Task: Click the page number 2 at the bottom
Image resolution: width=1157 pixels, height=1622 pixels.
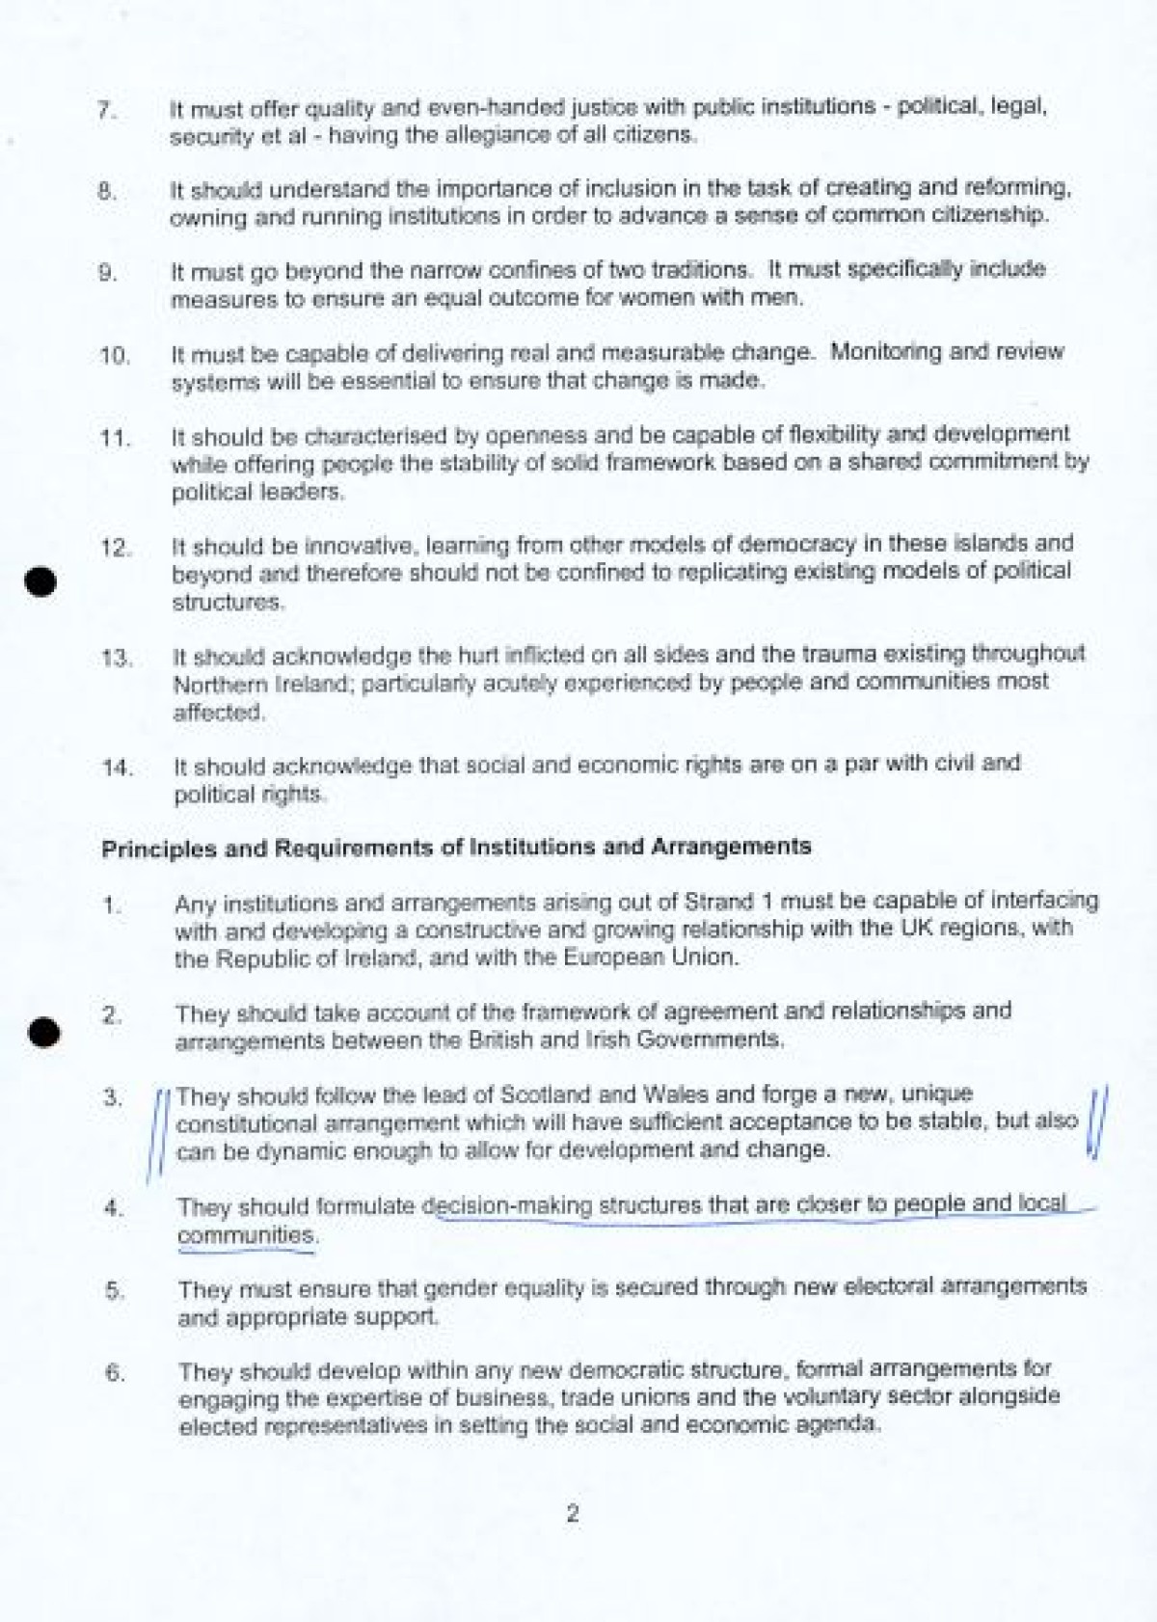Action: [573, 1514]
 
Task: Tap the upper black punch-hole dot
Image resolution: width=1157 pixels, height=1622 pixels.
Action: [40, 581]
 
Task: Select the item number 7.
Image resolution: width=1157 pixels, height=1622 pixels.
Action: [107, 111]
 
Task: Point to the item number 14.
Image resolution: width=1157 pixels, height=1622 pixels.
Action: [116, 769]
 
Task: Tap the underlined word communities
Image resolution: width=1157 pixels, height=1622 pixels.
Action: [247, 1235]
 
